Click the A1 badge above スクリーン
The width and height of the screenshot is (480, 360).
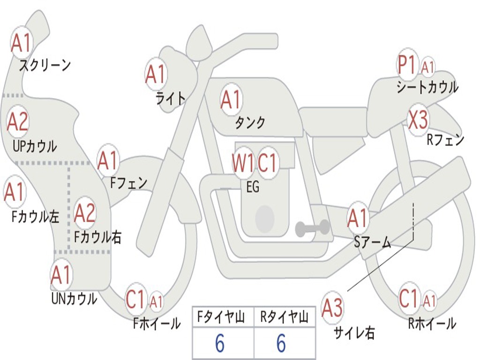pos(22,42)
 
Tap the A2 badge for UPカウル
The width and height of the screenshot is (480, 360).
pos(18,121)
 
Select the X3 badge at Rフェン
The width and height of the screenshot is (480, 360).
pos(418,120)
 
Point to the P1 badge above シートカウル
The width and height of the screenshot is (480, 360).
pos(407,64)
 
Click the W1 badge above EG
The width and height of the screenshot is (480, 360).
pos(243,163)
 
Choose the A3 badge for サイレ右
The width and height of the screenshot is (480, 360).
pos(332,307)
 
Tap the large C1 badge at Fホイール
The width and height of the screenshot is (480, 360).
pos(135,299)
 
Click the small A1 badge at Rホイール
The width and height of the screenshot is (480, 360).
pos(429,300)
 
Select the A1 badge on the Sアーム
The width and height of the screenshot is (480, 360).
pos(357,217)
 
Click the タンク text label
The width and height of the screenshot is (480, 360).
pos(250,123)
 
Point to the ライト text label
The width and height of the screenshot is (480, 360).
pos(171,98)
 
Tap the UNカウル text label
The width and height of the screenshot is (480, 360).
pos(74,299)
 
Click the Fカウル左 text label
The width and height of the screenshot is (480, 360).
pos(35,217)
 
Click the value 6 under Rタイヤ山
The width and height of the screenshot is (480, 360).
pos(281,343)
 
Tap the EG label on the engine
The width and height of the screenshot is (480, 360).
pos(253,187)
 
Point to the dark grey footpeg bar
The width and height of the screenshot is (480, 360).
pos(312,228)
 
